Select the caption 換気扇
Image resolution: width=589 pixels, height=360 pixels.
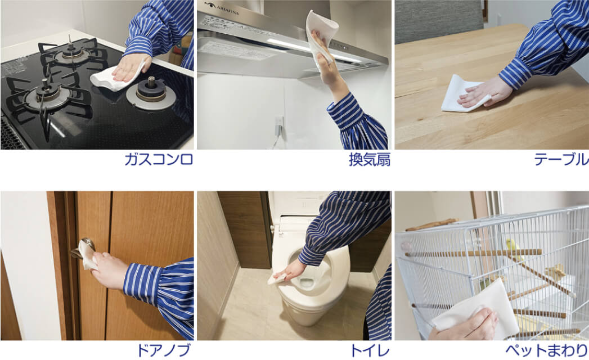369,160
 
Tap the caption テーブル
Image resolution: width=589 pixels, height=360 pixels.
561,160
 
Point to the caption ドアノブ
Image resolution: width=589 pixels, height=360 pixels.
164,350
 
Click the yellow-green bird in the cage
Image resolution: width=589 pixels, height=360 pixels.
512,248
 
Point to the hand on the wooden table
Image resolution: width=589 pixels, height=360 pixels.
478,91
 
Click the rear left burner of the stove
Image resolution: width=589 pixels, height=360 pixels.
72,52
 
